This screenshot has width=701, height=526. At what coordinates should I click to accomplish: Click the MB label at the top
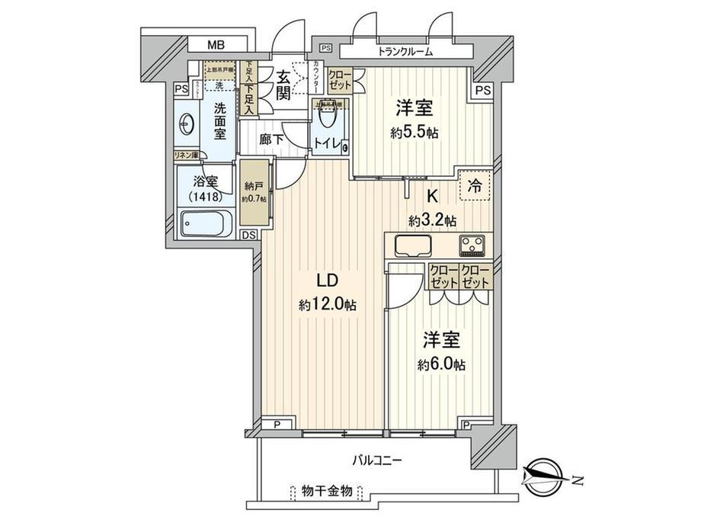216,45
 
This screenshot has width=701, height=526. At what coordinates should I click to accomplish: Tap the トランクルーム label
405,52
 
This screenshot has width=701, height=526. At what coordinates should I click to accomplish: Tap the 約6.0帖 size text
440,364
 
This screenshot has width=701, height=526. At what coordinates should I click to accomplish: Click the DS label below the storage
249,235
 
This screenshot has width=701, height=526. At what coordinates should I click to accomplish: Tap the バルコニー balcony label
376,460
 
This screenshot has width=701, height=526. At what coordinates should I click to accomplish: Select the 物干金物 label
326,491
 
